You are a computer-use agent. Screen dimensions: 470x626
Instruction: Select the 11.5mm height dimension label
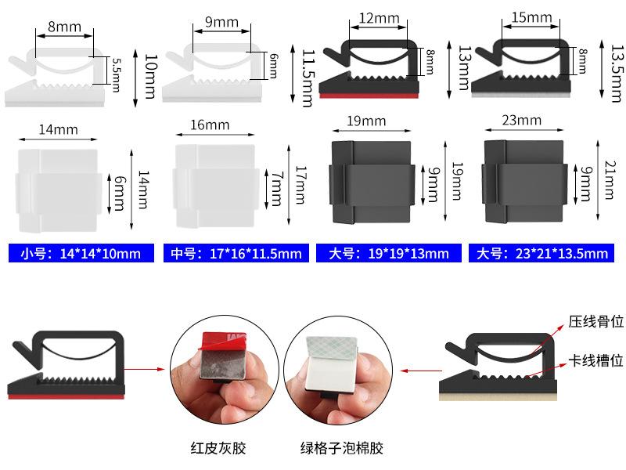coord(308,77)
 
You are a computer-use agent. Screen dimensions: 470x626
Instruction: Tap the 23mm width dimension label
coord(523,120)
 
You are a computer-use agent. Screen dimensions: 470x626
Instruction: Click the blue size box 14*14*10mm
coord(81,253)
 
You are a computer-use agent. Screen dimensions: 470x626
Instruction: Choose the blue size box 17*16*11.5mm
coord(235,253)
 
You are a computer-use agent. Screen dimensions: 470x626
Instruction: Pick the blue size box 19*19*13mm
coord(389,253)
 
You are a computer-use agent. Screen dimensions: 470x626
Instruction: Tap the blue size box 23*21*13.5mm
coord(542,253)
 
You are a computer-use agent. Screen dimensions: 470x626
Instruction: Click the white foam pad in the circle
coord(333,364)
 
